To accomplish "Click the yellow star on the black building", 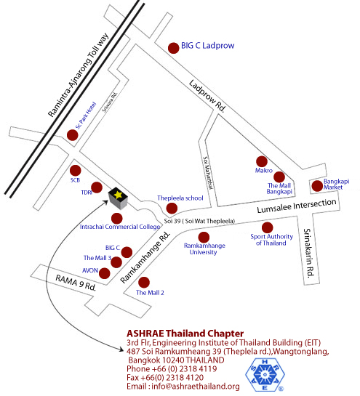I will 116,194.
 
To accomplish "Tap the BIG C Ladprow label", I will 208,46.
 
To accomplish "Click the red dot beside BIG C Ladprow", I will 173,48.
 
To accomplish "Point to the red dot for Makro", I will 262,161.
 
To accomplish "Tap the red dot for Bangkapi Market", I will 316,185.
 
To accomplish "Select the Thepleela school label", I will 181,197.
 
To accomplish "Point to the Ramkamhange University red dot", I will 204,236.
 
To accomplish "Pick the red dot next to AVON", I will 105,273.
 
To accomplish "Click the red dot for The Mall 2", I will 143,282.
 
